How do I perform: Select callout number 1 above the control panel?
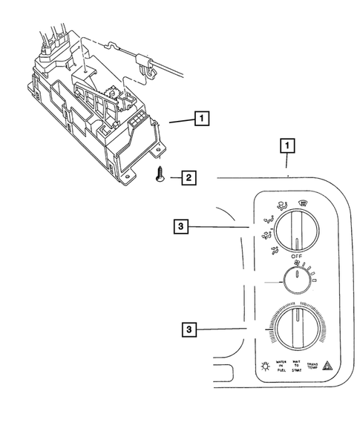(286, 146)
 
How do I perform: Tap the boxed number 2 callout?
(190, 177)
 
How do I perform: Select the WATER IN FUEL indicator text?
(281, 367)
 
